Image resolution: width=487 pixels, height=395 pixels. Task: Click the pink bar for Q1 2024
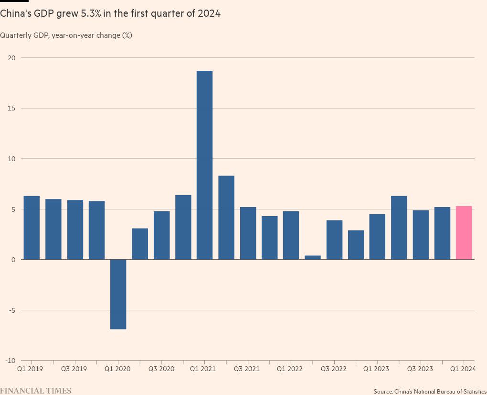point(464,233)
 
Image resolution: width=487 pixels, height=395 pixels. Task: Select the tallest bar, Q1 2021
point(204,165)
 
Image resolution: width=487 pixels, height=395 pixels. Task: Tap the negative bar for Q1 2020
point(118,294)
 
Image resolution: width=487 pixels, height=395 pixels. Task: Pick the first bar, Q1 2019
point(32,228)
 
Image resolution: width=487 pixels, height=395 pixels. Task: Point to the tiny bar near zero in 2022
point(313,258)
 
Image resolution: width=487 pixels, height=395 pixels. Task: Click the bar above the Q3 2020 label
point(161,235)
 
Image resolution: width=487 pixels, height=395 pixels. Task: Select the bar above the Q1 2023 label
point(377,237)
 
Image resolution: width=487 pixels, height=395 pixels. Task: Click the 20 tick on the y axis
point(11,58)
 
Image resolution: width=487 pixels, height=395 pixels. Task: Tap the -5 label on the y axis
point(11,310)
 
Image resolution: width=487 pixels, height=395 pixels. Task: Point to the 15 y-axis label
point(11,109)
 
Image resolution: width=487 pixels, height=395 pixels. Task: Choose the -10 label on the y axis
point(11,361)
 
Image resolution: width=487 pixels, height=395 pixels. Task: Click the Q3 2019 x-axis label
point(74,369)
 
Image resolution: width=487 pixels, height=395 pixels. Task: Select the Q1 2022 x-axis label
point(290,369)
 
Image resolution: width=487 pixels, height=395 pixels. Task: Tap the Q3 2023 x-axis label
point(420,369)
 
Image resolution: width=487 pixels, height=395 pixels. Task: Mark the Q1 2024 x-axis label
point(463,369)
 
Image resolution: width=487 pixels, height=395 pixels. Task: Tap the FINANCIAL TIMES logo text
point(36,391)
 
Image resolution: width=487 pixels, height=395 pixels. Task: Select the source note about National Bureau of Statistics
point(430,392)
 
